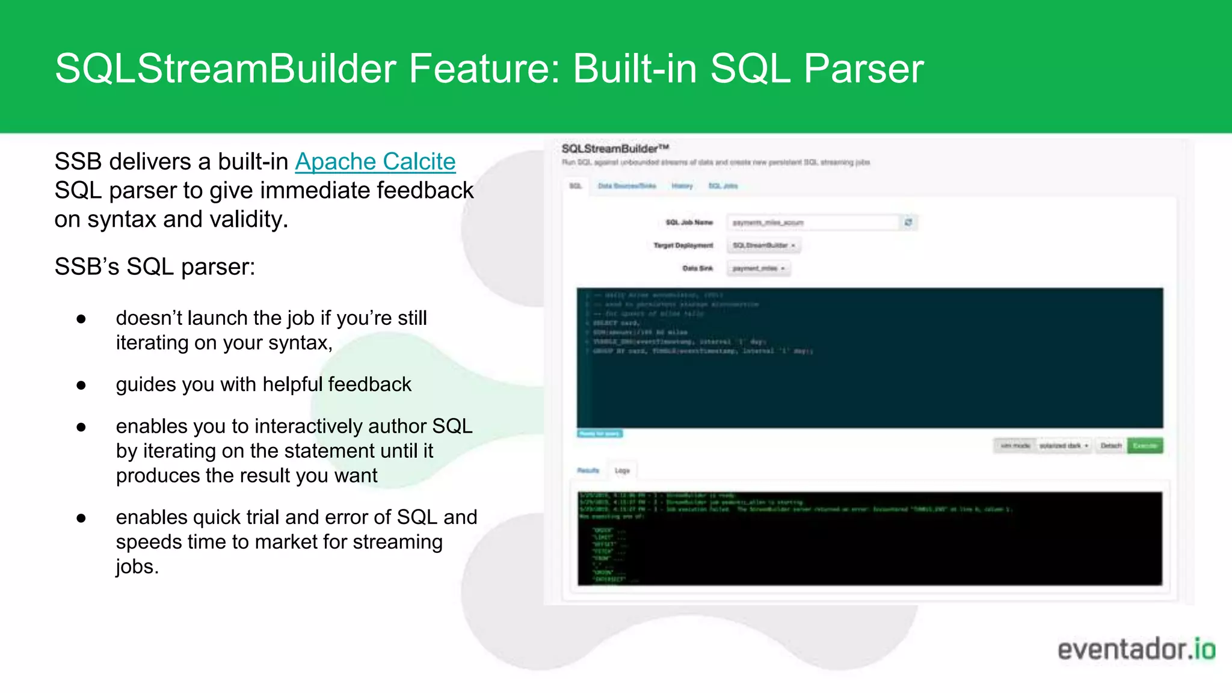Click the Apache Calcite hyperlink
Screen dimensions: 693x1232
point(375,162)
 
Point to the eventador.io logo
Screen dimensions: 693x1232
point(1136,650)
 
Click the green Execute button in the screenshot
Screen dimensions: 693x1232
point(1144,446)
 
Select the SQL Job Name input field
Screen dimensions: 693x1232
point(812,223)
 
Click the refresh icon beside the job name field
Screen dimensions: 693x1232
point(908,223)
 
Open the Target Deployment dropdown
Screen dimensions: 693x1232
point(764,245)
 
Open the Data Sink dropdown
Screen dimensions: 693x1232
point(759,268)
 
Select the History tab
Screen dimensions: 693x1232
point(682,186)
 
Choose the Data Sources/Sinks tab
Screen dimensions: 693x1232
point(627,186)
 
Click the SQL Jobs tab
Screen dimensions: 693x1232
point(723,186)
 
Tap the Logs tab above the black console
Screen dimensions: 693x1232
point(622,470)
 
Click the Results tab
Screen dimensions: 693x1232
point(588,470)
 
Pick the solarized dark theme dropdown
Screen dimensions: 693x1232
point(1064,446)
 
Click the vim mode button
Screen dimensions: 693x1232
point(1015,446)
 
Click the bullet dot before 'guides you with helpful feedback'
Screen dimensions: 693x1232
point(81,385)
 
